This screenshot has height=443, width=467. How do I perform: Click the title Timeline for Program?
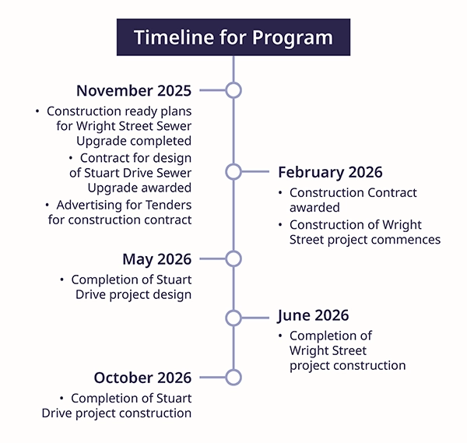233,37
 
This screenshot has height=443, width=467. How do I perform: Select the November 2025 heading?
134,90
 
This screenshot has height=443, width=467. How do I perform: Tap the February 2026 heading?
330,172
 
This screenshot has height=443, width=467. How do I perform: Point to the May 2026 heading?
156,258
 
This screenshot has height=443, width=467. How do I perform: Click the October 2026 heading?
142,378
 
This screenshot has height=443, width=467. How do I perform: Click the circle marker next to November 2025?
233,90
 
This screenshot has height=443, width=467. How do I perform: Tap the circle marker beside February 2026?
233,172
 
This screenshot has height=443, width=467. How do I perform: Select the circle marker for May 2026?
233,258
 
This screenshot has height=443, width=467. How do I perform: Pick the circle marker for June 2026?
233,317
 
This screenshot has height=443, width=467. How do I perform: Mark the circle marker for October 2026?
233,378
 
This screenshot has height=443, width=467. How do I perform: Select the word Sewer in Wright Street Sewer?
174,126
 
